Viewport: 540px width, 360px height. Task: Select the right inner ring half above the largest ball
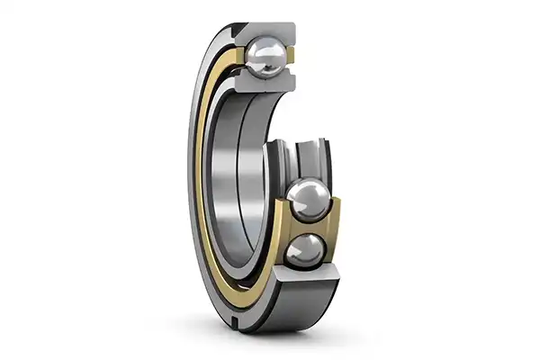click(317, 157)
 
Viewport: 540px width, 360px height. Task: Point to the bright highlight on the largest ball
click(303, 191)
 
